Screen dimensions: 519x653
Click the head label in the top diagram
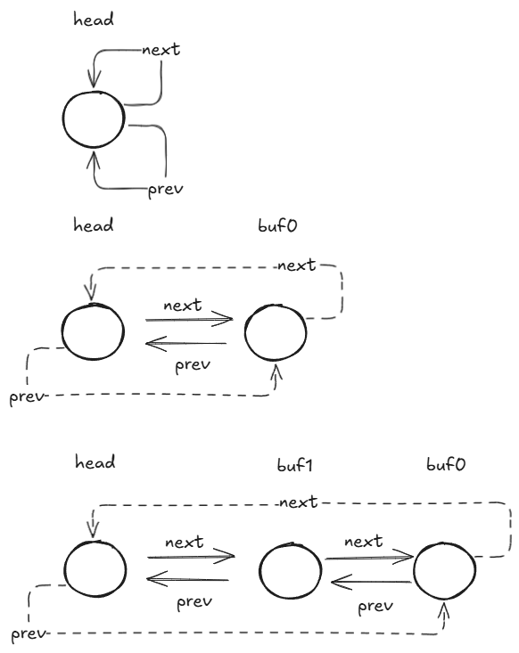[94, 20]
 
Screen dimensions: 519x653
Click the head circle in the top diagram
[62, 119]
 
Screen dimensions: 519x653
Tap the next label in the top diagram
[161, 50]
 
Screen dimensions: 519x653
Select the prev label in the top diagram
[166, 190]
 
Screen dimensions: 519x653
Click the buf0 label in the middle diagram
[277, 225]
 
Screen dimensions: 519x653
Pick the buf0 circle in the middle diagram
[244, 333]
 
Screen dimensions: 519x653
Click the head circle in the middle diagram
[62, 331]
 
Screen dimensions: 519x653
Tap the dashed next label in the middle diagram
[297, 265]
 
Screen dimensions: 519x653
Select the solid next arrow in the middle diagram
[189, 320]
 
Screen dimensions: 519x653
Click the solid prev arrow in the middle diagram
[185, 344]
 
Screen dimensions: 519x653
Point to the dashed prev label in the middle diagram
[27, 396]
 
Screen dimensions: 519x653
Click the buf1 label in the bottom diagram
[295, 465]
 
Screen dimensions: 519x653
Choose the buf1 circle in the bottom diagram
[259, 570]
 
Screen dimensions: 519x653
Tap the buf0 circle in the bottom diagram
[414, 570]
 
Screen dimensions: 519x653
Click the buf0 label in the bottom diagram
[446, 464]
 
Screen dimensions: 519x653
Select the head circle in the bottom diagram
[64, 569]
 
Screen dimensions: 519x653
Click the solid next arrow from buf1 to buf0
[369, 557]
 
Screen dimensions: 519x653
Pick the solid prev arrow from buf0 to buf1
[371, 582]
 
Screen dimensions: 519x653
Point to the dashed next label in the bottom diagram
[299, 502]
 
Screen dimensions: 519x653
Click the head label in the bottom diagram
[95, 461]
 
